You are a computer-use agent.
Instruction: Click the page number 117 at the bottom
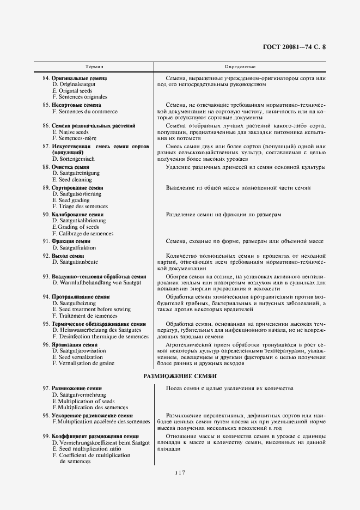pyautogui.click(x=180, y=472)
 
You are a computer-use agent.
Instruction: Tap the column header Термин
pyautogui.click(x=94, y=66)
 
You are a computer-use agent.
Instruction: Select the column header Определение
pyautogui.click(x=240, y=66)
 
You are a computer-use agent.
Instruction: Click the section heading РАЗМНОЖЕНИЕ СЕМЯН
pyautogui.click(x=180, y=376)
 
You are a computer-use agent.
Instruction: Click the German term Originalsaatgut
pyautogui.click(x=74, y=84)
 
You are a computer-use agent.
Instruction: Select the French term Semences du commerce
pyautogui.click(x=84, y=111)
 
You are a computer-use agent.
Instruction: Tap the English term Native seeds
pyautogui.click(x=72, y=132)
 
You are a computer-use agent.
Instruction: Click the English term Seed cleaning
pyautogui.click(x=73, y=179)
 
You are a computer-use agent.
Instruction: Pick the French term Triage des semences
pyautogui.click(x=80, y=207)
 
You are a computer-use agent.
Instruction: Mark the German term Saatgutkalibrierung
pyautogui.click(x=80, y=221)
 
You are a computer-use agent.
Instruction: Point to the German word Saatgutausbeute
pyautogui.click(x=75, y=262)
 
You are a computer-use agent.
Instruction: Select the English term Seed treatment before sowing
pyautogui.click(x=91, y=309)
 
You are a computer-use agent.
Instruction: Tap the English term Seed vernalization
pyautogui.click(x=76, y=357)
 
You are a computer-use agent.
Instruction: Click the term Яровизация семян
pyautogui.click(x=75, y=344)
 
